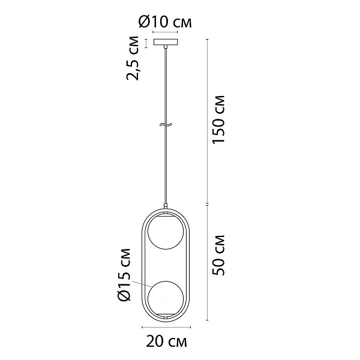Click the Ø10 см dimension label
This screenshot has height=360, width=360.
165,22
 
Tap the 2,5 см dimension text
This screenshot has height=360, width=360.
133,58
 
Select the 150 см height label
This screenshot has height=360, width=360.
218,119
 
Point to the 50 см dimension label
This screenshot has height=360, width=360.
218,255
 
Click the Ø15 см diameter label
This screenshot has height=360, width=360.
124,275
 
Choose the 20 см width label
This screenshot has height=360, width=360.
166,342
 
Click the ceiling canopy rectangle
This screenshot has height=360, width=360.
166,42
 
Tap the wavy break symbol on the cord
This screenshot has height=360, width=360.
166,125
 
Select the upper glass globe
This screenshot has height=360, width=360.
166,232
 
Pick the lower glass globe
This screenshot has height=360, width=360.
166,298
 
